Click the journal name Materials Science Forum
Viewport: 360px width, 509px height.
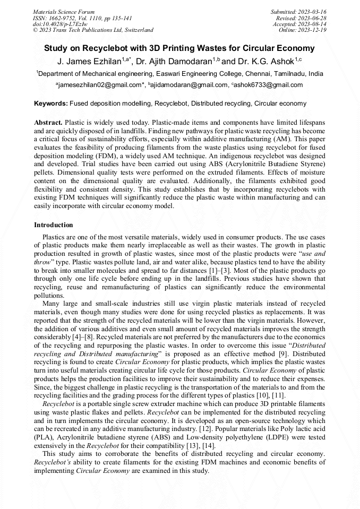(64, 11)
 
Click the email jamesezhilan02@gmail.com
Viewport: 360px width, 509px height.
(99, 85)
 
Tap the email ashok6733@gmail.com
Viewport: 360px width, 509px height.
(268, 85)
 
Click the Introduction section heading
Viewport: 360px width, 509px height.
(54, 225)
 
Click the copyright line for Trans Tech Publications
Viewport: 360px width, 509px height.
(93, 30)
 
